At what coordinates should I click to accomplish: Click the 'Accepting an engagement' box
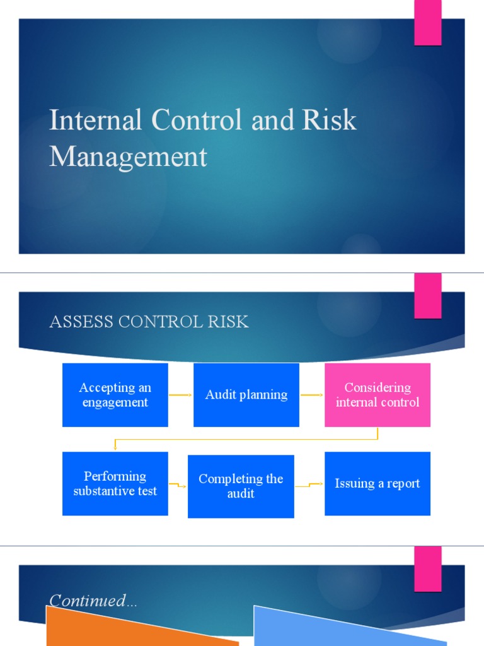coord(115,395)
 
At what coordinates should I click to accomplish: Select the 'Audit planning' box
coord(246,395)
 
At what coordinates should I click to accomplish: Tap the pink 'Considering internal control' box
coord(377,395)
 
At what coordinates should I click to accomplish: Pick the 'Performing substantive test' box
coord(115,483)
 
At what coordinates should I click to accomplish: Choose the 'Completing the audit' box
coord(241,486)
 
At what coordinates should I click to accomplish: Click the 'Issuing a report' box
coord(377,483)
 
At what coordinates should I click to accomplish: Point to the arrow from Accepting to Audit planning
coord(180,396)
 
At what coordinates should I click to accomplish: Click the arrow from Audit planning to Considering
coord(312,396)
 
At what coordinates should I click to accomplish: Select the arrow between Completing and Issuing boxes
coord(309,486)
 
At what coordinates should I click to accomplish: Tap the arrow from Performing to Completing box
coord(178,485)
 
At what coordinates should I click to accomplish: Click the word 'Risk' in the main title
coord(330,120)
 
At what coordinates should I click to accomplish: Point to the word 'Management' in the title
coord(128,156)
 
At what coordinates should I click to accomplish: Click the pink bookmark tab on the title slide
coord(427,23)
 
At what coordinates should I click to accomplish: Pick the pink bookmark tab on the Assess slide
coord(427,295)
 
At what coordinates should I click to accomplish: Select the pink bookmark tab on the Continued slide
coord(427,568)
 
